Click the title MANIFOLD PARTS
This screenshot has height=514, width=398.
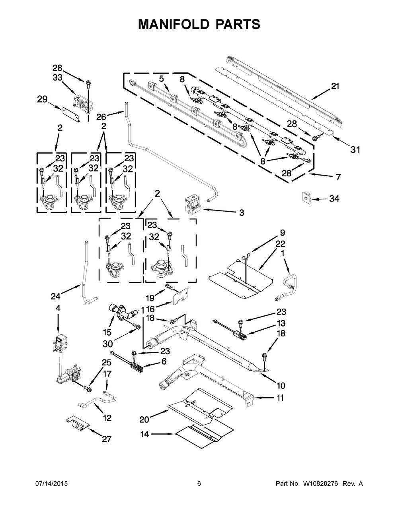199,24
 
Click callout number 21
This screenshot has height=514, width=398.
335,86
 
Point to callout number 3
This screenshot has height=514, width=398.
241,213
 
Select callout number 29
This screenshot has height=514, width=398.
42,100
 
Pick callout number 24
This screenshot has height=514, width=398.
55,296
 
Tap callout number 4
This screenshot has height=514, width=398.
58,308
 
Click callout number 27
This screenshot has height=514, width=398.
106,439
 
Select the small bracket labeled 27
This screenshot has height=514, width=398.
76,423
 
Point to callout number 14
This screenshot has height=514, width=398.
145,434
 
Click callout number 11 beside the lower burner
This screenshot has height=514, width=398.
280,397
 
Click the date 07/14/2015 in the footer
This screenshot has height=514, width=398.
51,483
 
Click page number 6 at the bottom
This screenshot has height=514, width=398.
199,483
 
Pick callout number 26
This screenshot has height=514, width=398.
101,116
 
